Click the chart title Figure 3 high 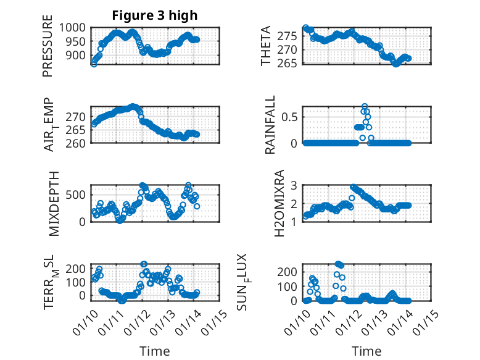[155, 15]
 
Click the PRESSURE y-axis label [48, 50]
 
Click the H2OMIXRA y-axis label [279, 203]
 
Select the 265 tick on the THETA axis [292, 63]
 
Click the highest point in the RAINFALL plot [365, 106]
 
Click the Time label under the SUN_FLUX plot [366, 351]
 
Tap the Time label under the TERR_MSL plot [154, 351]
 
